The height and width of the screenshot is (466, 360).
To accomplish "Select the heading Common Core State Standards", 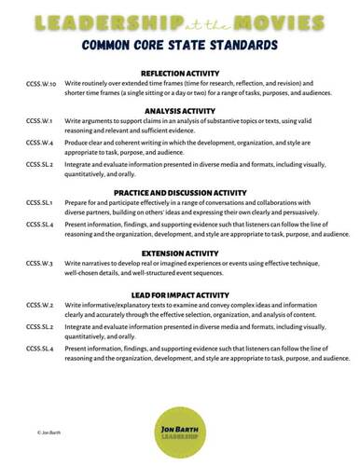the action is [180, 45].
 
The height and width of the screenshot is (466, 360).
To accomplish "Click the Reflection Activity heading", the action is [180, 74].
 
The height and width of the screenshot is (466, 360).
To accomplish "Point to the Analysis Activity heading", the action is [180, 110].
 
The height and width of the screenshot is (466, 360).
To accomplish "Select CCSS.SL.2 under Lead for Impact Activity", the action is [40, 326].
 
